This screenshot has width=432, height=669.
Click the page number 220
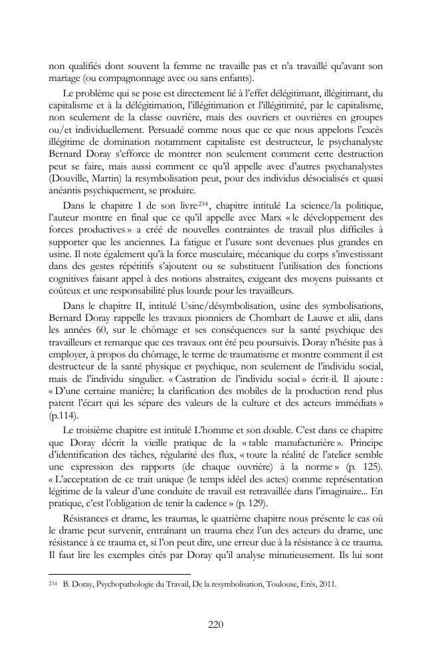(215, 624)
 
